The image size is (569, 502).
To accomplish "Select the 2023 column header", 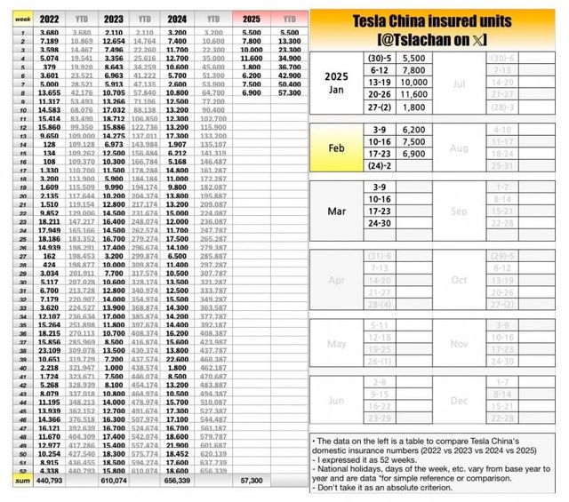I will click(x=114, y=17).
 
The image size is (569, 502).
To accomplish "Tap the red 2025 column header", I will click(x=252, y=17).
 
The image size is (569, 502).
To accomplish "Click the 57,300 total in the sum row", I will click(x=252, y=479).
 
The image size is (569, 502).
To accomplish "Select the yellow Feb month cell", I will click(x=338, y=147).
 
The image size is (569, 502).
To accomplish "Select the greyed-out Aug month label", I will click(x=460, y=147).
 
